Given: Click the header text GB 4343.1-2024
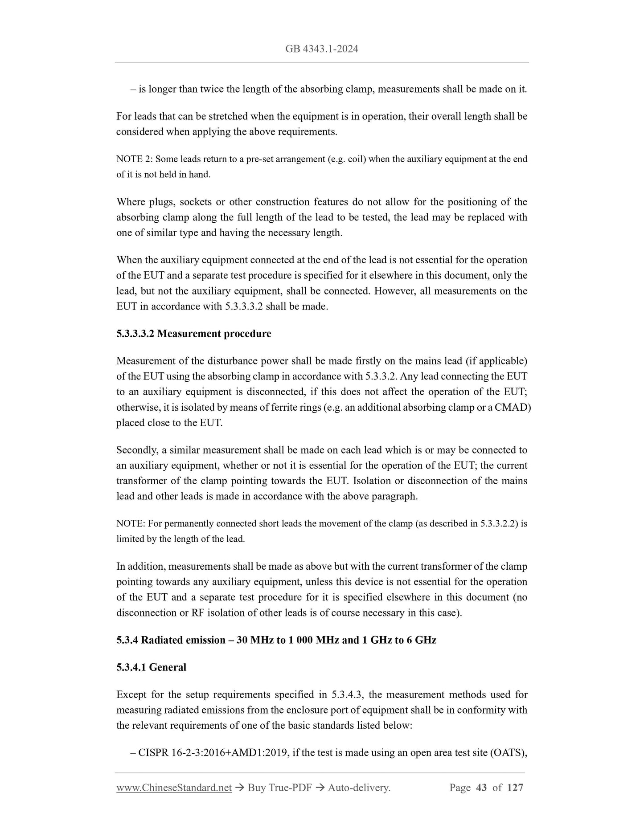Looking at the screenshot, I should coord(321,49).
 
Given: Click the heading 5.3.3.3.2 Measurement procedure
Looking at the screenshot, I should coord(193,334).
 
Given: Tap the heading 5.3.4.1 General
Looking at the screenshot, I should coord(151,667).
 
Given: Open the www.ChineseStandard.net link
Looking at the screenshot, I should coord(174,788).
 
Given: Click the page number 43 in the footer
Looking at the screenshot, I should coord(481,788).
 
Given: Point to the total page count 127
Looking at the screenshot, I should coord(515,788).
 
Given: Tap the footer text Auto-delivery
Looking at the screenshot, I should coord(359,788).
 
